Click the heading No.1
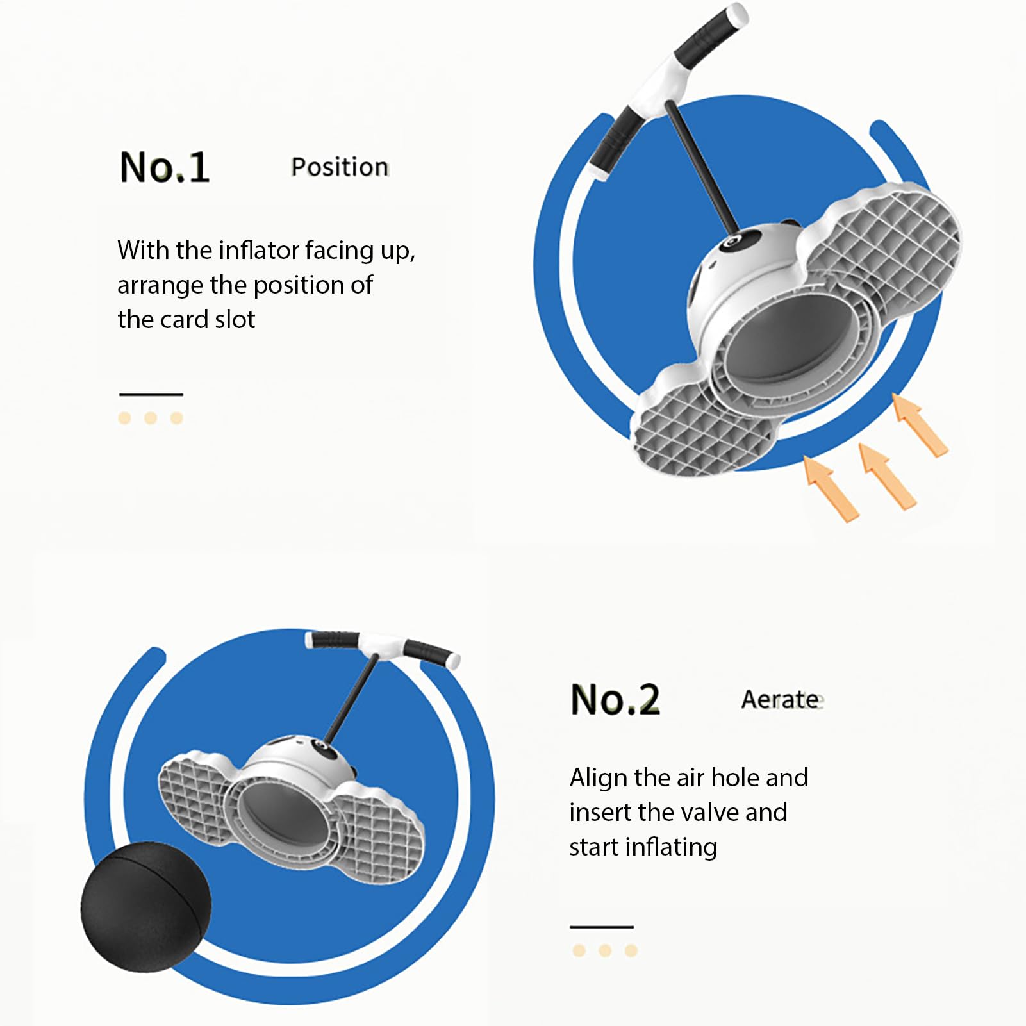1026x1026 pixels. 165,167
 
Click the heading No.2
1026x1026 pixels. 615,699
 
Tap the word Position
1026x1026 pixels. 340,167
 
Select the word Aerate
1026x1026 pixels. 781,699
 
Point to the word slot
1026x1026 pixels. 235,319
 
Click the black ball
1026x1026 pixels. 145,907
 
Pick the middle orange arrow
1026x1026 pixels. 888,476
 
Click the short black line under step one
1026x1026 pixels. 151,394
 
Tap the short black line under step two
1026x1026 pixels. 602,927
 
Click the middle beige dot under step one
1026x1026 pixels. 151,418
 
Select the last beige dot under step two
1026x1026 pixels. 631,950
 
